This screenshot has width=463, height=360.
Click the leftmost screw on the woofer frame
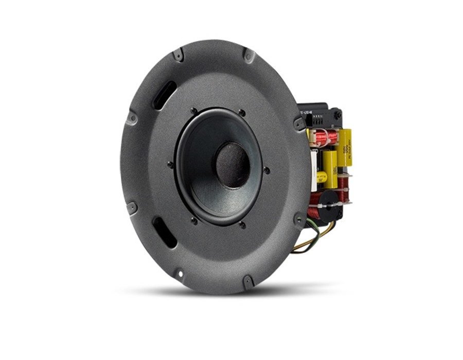(x=170, y=164)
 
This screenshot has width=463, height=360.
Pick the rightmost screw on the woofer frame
(x=266, y=170)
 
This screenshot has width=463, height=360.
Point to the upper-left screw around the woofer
(x=193, y=110)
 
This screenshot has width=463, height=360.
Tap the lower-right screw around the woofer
(x=242, y=225)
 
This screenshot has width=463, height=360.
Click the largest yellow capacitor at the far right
(x=345, y=147)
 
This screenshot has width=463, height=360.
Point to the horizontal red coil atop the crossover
(x=324, y=137)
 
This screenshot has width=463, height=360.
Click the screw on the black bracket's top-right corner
(x=337, y=115)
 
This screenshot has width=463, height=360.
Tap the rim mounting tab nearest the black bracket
(x=299, y=123)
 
